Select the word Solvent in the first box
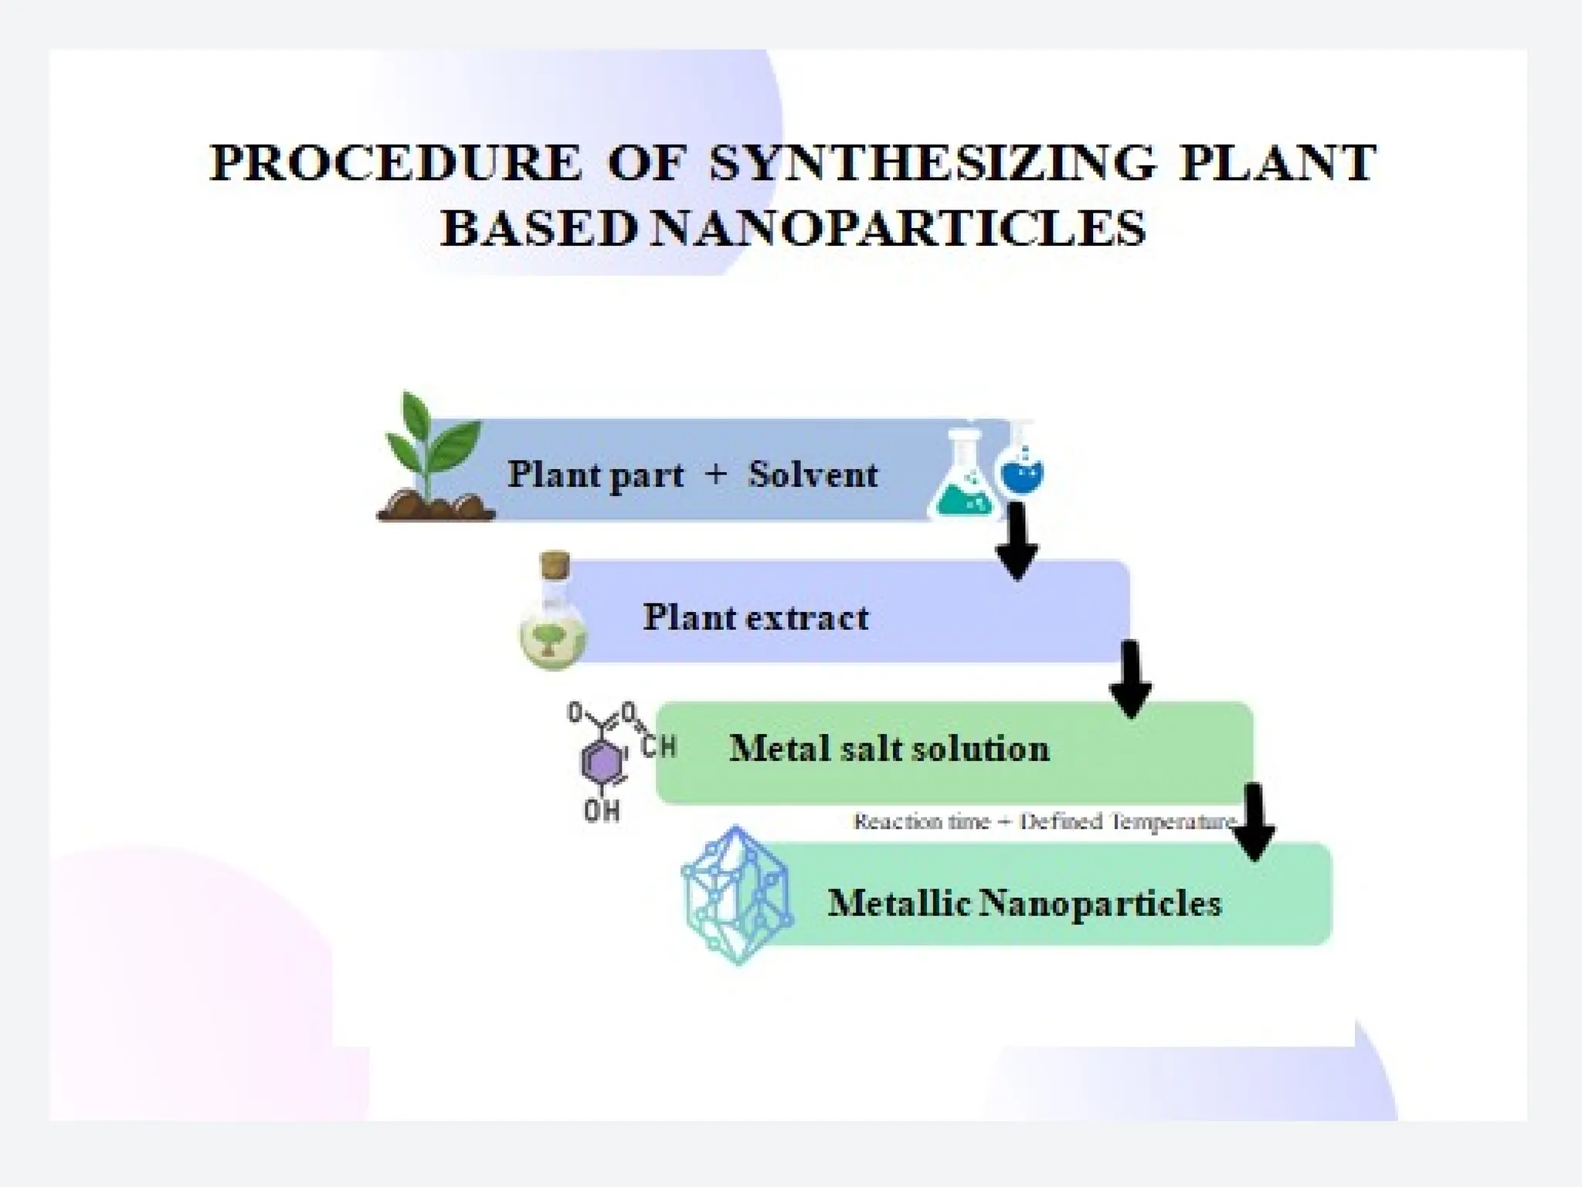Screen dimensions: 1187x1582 813,474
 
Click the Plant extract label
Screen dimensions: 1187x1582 755,617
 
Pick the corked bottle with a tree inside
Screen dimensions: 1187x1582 553,618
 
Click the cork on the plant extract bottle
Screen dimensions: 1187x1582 555,564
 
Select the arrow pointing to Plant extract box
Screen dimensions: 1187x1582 1017,541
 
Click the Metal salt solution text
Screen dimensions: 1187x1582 889,749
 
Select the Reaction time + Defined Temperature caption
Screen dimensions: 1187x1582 1043,821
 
